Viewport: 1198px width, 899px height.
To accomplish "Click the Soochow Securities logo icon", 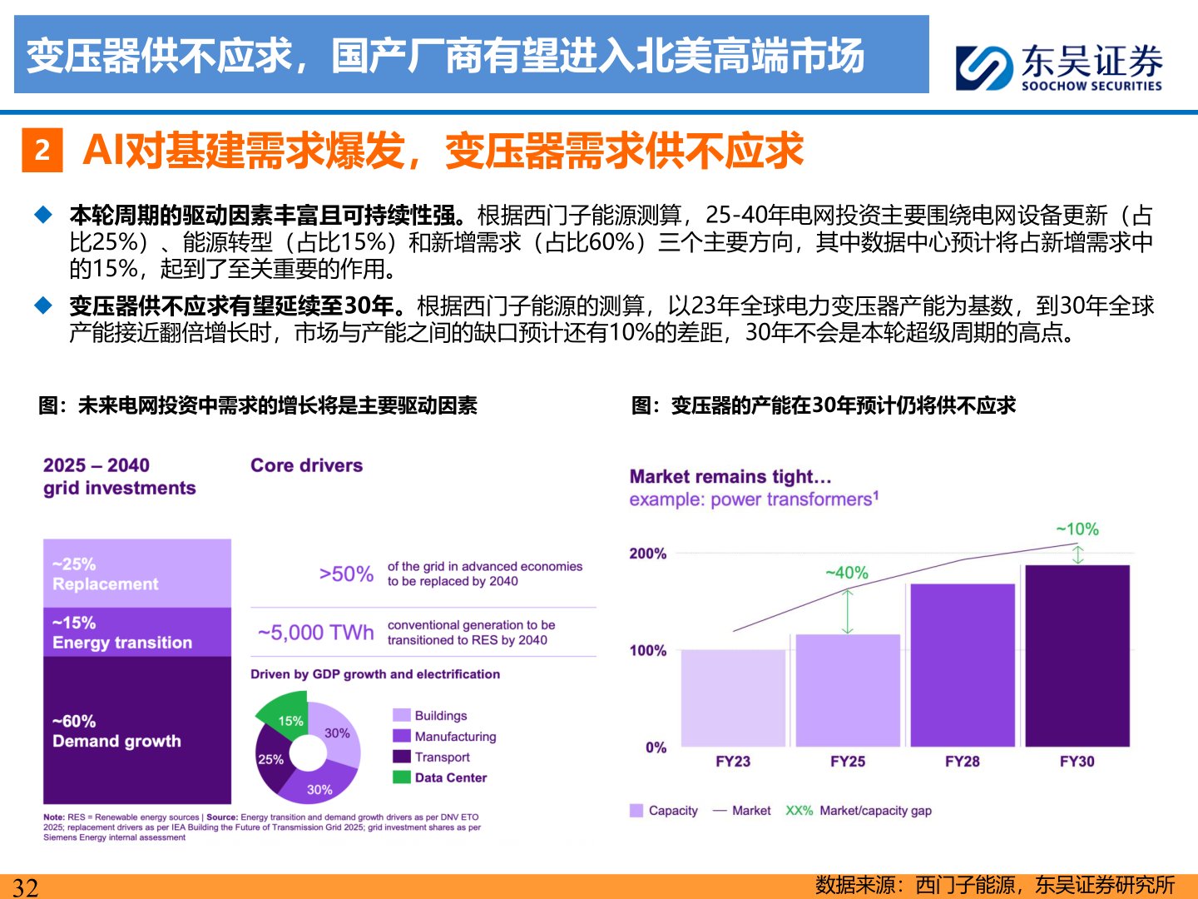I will [x=984, y=68].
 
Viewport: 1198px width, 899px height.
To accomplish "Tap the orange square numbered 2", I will [x=42, y=151].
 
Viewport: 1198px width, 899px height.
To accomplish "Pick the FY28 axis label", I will [x=962, y=761].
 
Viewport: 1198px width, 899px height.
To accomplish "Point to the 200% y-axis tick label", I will [x=647, y=554].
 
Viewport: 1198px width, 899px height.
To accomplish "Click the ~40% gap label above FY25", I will [x=846, y=573].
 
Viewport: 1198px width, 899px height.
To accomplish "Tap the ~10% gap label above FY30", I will [x=1077, y=529].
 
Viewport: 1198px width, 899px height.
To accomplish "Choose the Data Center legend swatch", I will [x=402, y=777].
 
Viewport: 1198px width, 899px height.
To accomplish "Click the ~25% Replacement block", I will [x=137, y=574].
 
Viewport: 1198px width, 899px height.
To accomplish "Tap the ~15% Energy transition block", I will [x=137, y=633].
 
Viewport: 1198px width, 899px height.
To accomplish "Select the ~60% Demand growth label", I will [x=116, y=731].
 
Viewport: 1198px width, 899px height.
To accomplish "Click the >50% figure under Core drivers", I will [x=346, y=574].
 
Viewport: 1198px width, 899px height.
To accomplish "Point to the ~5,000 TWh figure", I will [x=316, y=633].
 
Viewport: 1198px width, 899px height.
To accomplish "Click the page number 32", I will [x=25, y=887].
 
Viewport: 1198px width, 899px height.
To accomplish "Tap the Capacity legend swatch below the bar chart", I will [x=636, y=811].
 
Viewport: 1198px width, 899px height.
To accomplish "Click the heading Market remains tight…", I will [x=730, y=477].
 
